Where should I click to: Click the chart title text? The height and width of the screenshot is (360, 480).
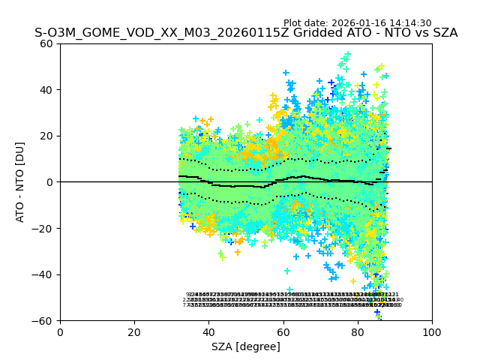pyautogui.click(x=246, y=33)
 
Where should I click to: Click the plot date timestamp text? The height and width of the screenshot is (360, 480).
pyautogui.click(x=358, y=23)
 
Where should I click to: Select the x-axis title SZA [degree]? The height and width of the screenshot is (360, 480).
pyautogui.click(x=246, y=346)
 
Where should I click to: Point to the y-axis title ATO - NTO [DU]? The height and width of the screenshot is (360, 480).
pyautogui.click(x=21, y=181)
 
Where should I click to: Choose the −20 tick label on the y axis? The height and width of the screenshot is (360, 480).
pyautogui.click(x=43, y=228)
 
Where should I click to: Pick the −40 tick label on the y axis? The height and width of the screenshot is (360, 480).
pyautogui.click(x=43, y=274)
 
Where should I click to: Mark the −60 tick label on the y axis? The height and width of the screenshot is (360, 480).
pyautogui.click(x=43, y=320)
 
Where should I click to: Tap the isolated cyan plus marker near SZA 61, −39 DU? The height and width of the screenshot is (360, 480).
pyautogui.click(x=287, y=271)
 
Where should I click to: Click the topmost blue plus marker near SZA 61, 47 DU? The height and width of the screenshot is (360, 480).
pyautogui.click(x=286, y=73)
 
